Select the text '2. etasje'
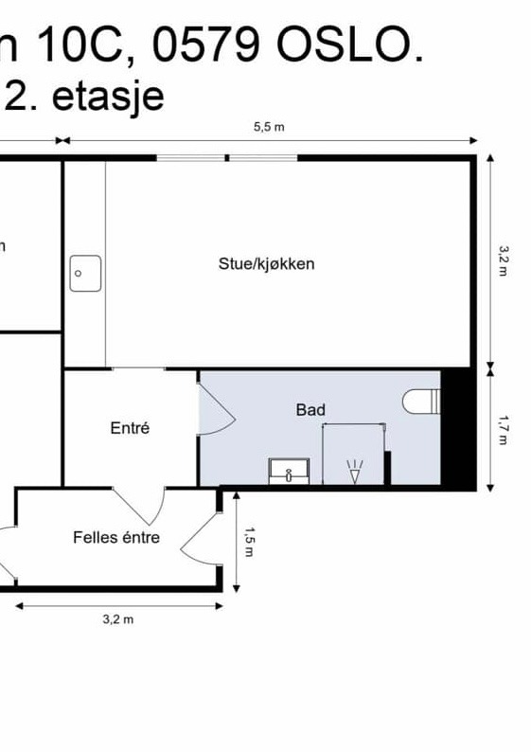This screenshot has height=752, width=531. point(84,96)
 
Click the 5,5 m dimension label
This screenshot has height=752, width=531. point(268,128)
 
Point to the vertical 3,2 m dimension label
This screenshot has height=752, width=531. point(504,260)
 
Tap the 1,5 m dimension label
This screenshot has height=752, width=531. point(250,541)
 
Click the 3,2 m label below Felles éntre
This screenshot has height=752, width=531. point(117,619)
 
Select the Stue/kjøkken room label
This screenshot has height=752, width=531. point(266,264)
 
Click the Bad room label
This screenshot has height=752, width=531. point(310,409)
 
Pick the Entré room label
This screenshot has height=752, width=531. point(130,428)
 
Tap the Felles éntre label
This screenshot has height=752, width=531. point(116,538)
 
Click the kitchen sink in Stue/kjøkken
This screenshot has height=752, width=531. point(85,274)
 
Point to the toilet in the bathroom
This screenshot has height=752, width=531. point(421,402)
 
